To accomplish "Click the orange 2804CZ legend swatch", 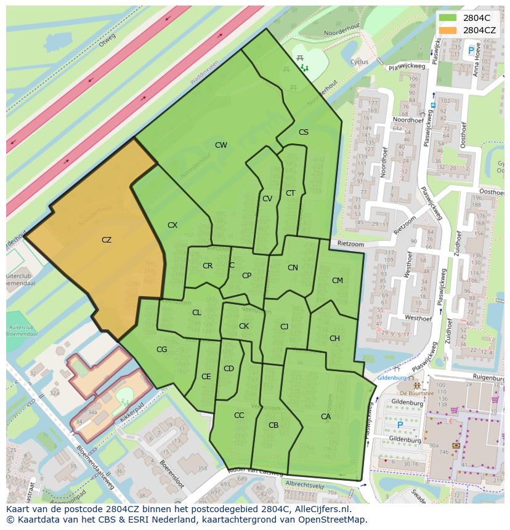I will coord(448,30).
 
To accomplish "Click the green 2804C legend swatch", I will coord(448,18).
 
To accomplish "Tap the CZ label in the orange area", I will coord(107,240).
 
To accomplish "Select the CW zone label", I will coord(221,145).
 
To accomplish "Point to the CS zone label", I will coord(304,132).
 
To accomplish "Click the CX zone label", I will coord(172,225).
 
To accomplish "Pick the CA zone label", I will coord(326,417).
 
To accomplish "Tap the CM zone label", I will coord(337,281).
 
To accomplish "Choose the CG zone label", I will coord(162,350).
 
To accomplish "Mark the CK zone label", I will coord(244,326).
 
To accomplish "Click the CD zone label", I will coord(229,369).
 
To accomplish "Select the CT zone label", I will coord(290,193).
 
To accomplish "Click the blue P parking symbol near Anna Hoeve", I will coord(472,50).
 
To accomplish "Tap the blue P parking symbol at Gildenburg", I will coord(400,425).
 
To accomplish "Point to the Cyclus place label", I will coord(358,62).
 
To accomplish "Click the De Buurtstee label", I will coord(417,393).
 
